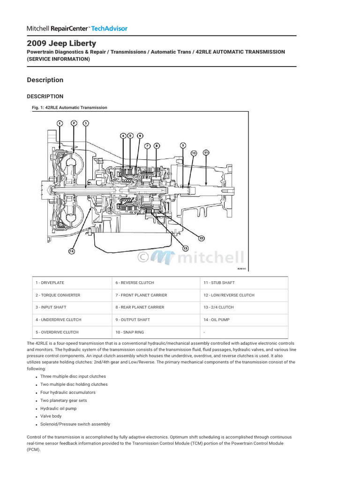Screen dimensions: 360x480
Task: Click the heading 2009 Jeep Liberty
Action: pos(61,43)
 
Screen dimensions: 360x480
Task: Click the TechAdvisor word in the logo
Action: pos(109,29)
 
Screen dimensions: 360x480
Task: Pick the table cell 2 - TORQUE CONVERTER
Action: pos(58,295)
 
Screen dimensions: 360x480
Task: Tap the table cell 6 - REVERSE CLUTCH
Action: pos(135,283)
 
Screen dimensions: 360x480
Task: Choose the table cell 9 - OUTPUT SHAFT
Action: pos(133,320)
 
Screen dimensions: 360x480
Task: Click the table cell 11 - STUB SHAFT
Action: pos(219,283)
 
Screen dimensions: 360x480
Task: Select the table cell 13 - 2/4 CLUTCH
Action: pos(218,307)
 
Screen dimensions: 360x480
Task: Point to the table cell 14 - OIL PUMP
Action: pos(217,320)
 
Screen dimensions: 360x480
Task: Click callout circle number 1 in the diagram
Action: pos(60,123)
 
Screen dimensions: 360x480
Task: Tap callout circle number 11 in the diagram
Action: pos(206,153)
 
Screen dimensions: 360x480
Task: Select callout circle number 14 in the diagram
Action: pos(72,251)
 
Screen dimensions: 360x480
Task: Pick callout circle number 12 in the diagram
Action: pos(201,238)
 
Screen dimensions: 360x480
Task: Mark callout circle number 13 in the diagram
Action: pos(185,248)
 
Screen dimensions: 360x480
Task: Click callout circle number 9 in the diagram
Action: pos(183,145)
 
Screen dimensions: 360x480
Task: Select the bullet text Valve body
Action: pos(51,416)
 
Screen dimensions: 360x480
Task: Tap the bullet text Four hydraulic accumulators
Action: pos(67,392)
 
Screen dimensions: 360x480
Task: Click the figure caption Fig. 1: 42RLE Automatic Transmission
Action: pos(69,107)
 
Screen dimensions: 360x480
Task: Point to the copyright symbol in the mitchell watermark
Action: pos(143,257)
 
